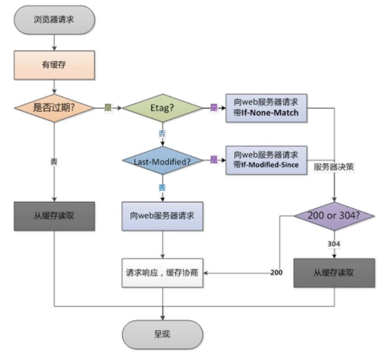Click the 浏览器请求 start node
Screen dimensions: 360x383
54,20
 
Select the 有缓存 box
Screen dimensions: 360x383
54,64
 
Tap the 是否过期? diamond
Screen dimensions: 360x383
54,107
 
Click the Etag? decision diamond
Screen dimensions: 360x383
162,107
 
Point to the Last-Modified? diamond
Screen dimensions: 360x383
162,160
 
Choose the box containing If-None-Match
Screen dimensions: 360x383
265,107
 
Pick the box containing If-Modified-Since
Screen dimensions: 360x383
265,160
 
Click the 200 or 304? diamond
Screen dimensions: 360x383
335,215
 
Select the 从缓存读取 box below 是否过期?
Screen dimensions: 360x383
54,215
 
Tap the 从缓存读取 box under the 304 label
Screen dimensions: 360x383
335,272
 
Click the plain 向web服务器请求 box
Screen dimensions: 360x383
162,215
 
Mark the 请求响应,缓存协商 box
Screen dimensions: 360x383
162,272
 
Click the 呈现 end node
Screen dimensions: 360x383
162,334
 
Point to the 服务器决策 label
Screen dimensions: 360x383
334,166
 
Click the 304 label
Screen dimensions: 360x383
334,244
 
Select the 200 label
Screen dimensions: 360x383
276,272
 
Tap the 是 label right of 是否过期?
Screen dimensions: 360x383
108,107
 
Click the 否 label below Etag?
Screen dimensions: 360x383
162,133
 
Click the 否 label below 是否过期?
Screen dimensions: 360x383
54,160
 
